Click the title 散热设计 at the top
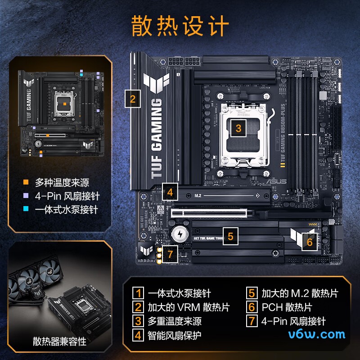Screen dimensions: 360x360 click(180, 26)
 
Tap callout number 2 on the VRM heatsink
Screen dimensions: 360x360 click(132, 99)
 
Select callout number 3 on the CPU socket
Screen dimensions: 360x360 click(238, 128)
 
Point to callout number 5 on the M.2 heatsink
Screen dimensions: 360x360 click(230, 236)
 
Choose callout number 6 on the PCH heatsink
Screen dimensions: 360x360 click(309, 242)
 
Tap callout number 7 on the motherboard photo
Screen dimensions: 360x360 click(170, 253)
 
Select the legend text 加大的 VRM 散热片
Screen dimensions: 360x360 click(188, 307)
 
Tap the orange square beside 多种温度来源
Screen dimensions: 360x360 click(26, 183)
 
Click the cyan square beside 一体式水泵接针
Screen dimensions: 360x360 click(26, 210)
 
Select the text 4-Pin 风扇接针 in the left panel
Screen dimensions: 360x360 click(67, 196)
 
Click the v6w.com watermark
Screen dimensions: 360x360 click(318, 334)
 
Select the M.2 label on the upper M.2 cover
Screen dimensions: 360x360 click(198, 196)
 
